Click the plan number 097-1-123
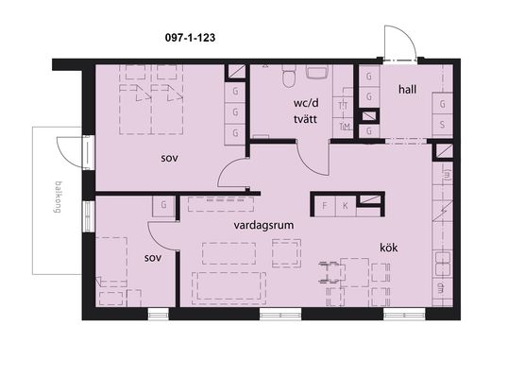click(190, 38)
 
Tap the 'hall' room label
click(407, 89)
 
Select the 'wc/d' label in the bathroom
click(306, 103)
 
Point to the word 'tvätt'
click(305, 119)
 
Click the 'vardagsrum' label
click(263, 225)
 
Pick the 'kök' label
click(389, 248)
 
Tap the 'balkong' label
click(58, 198)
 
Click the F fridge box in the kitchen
click(325, 206)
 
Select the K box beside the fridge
click(346, 206)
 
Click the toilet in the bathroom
click(289, 76)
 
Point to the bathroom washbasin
click(317, 72)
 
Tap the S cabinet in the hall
click(442, 125)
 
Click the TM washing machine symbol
click(344, 127)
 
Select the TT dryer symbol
click(343, 106)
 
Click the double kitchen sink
click(443, 264)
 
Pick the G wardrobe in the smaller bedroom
click(164, 205)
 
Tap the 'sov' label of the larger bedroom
click(169, 159)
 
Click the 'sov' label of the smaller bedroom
click(153, 258)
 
